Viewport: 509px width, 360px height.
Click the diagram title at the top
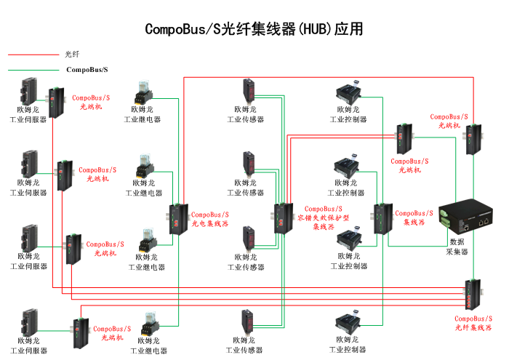(x=254, y=29)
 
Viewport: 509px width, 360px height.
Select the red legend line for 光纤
(x=32, y=55)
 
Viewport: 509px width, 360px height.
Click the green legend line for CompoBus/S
(x=32, y=70)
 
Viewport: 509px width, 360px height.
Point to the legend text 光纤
(x=72, y=55)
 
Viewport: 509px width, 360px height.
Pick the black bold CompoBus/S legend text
(x=87, y=70)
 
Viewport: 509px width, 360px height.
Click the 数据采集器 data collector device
(x=466, y=216)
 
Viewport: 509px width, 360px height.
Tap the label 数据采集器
(x=457, y=247)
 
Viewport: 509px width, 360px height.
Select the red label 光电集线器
(x=210, y=220)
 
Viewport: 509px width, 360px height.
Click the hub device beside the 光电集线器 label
(x=178, y=219)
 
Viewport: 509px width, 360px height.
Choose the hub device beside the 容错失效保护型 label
(x=281, y=217)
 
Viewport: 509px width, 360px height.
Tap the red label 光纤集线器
(x=473, y=323)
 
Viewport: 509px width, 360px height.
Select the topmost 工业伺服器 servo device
(x=29, y=90)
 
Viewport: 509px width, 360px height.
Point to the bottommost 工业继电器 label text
(x=148, y=351)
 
